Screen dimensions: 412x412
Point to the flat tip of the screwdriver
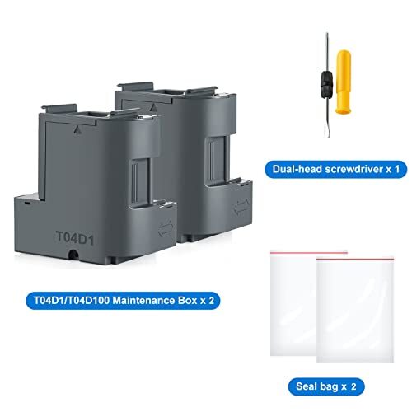[322, 110]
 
